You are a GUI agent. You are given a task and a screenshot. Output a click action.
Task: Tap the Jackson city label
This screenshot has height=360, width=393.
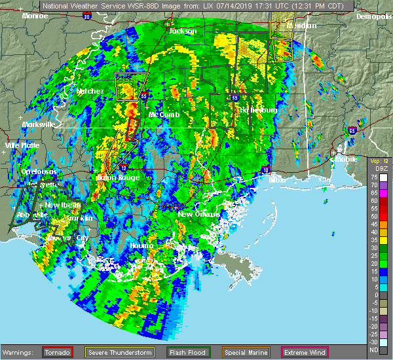pos(182,31)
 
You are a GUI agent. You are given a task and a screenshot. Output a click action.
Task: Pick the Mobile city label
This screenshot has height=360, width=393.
pos(346,158)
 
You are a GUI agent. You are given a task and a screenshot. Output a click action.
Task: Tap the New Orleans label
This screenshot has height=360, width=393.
pos(195,214)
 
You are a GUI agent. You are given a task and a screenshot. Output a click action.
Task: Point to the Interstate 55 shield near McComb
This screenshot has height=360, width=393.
pos(144,96)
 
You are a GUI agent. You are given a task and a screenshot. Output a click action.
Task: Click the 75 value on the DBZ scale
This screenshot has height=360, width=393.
pos(372,177)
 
